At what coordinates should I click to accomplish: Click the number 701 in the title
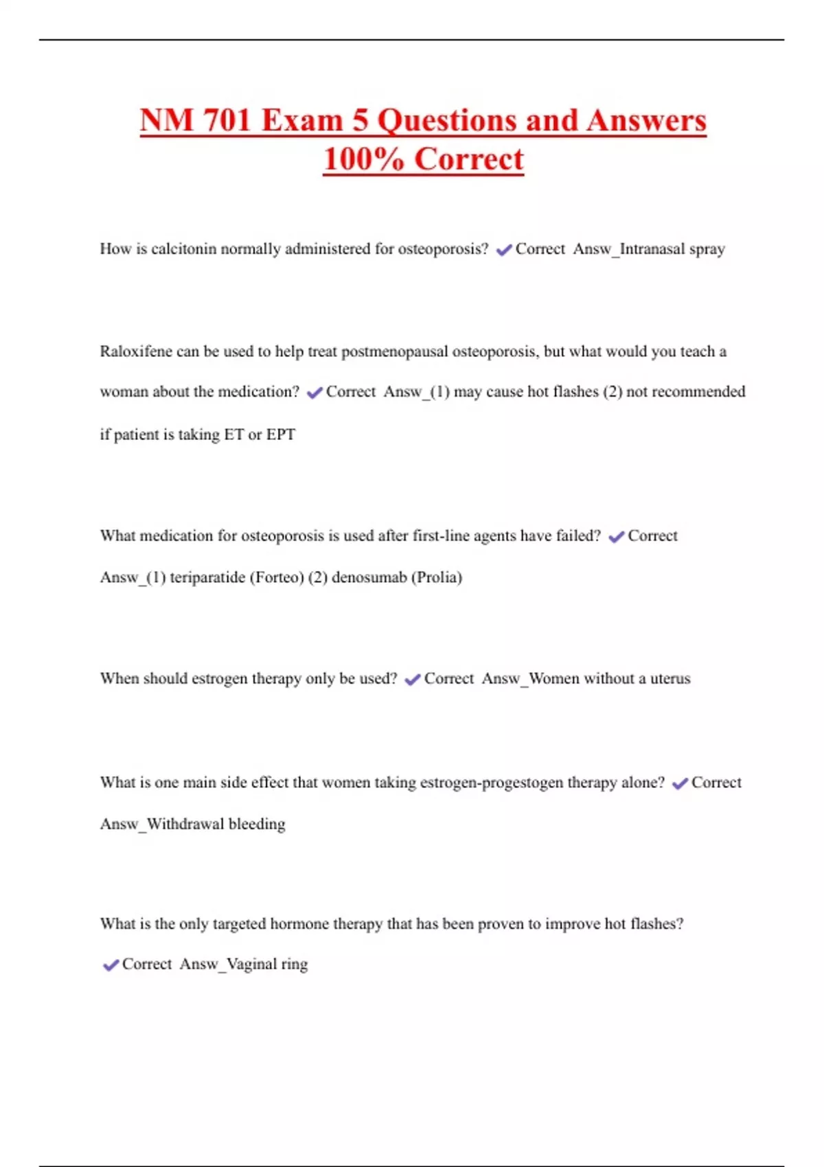point(227,121)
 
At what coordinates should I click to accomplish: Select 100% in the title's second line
point(363,159)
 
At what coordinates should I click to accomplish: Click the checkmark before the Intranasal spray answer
point(504,250)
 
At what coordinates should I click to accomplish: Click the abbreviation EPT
point(281,435)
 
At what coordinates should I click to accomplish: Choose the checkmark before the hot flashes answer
point(314,393)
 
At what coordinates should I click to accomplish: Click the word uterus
point(670,679)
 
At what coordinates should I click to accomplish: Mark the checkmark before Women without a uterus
point(413,680)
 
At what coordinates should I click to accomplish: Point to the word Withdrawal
point(184,824)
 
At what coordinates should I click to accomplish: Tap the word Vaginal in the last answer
point(251,964)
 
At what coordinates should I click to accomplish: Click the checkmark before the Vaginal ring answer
point(111,965)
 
